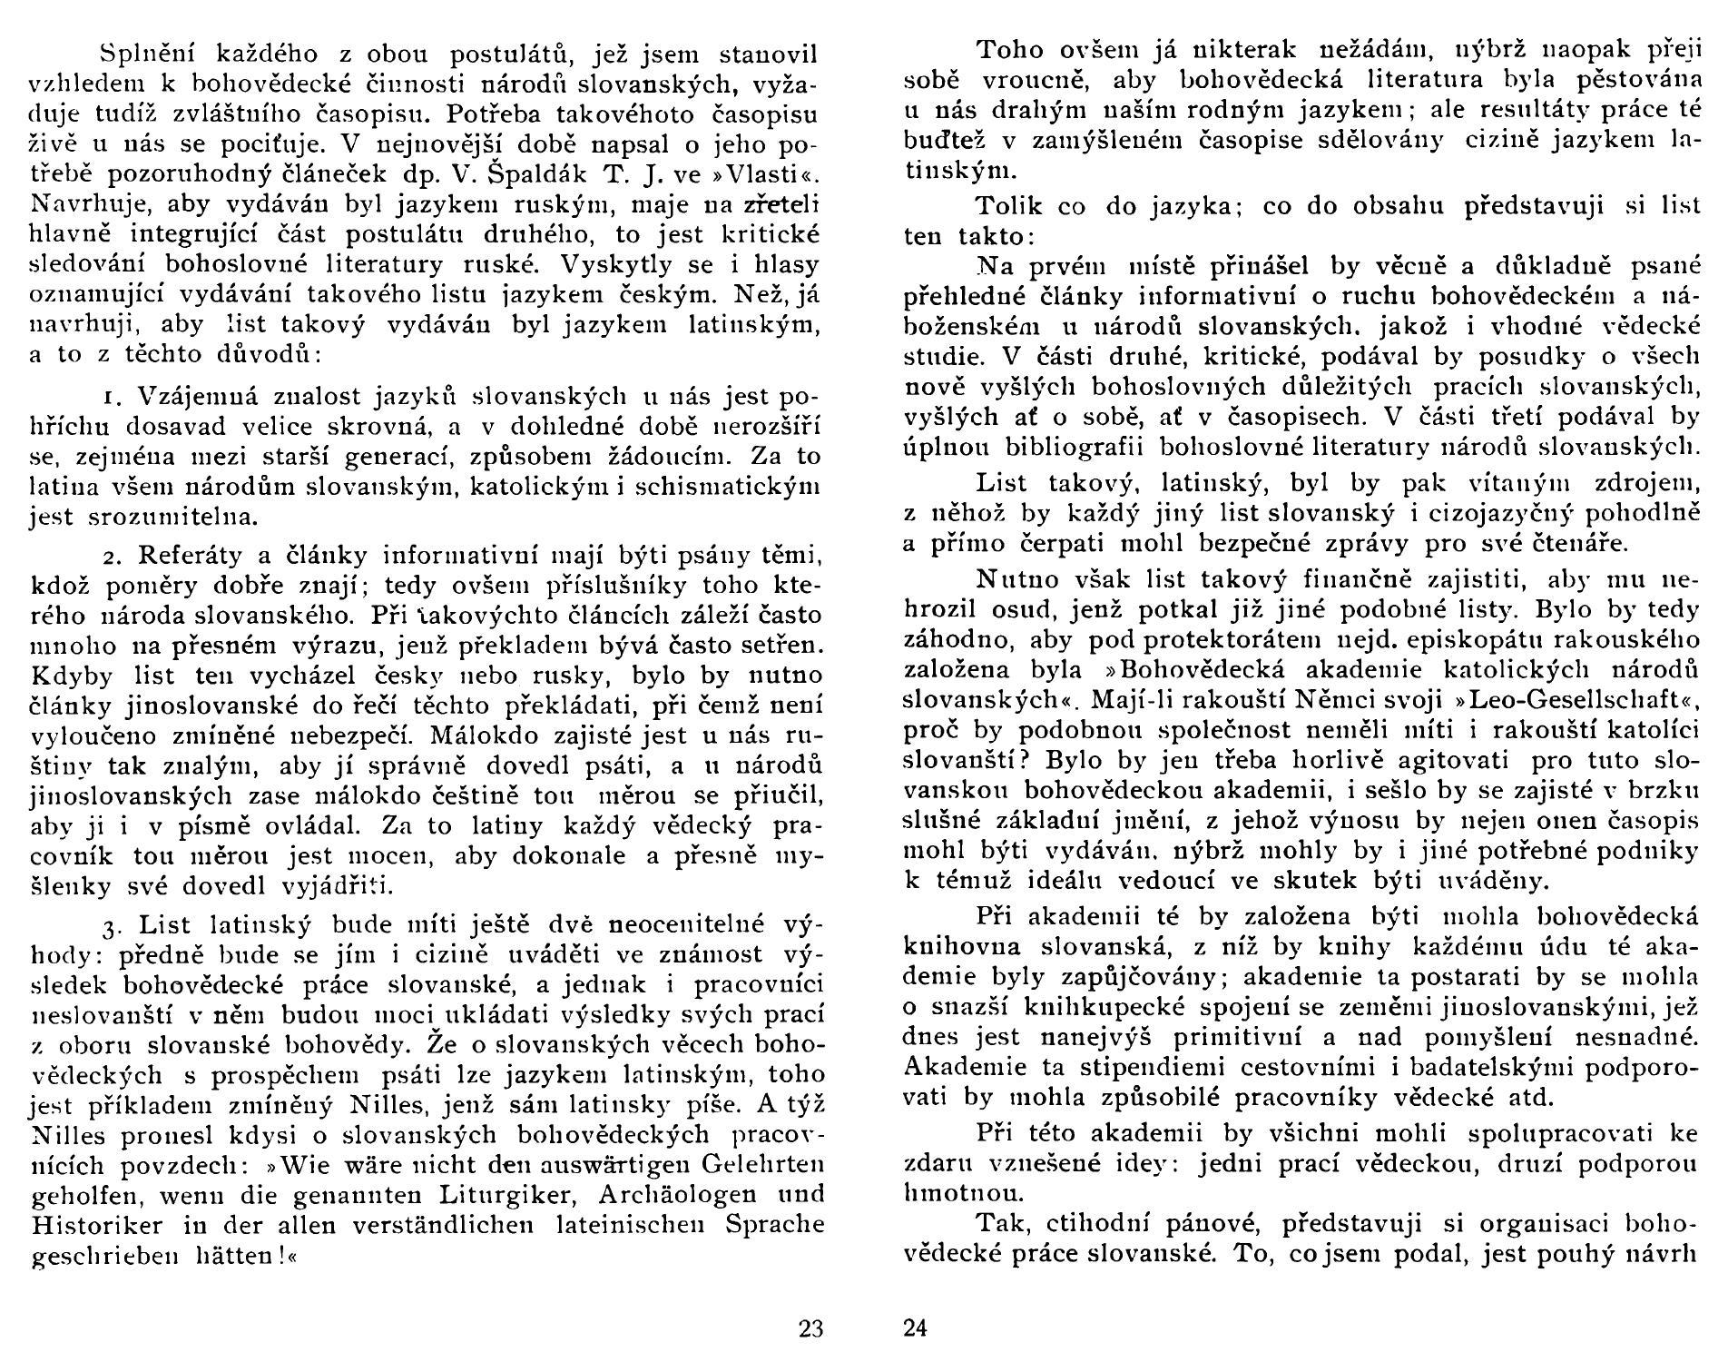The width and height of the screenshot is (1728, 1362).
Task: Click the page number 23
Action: pyautogui.click(x=810, y=1330)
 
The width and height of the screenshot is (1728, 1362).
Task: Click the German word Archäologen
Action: pyautogui.click(x=632, y=1194)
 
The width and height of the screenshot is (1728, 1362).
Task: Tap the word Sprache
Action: pyautogui.click(x=775, y=1225)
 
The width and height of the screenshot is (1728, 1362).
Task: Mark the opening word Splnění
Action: pyautogui.click(x=145, y=54)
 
